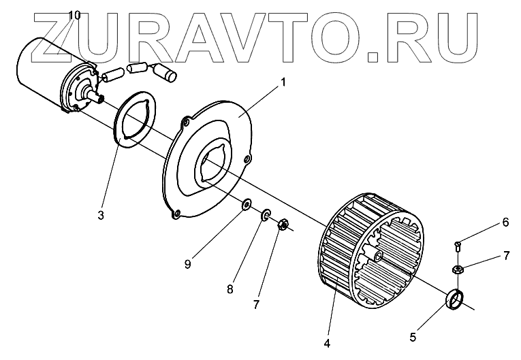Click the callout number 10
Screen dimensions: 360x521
(x=74, y=15)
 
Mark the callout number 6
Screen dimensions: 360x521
(x=505, y=222)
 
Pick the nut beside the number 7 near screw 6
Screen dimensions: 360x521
(x=458, y=268)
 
